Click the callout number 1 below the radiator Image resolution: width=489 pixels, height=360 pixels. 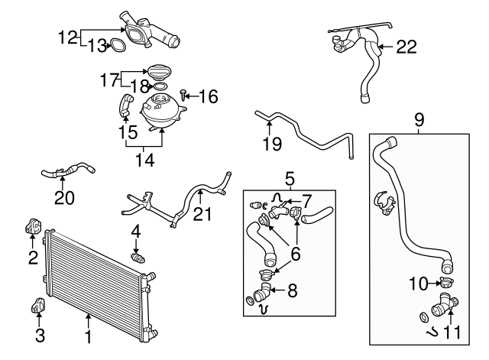[x=89, y=336]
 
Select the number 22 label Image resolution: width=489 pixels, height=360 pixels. [x=406, y=47]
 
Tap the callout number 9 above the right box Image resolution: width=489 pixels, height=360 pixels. [x=419, y=119]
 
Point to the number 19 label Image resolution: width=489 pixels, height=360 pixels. [x=271, y=143]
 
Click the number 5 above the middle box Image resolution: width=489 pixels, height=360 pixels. [x=290, y=180]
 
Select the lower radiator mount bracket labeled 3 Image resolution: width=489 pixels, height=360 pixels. [x=36, y=306]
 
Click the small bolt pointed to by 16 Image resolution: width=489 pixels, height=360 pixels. [x=184, y=94]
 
